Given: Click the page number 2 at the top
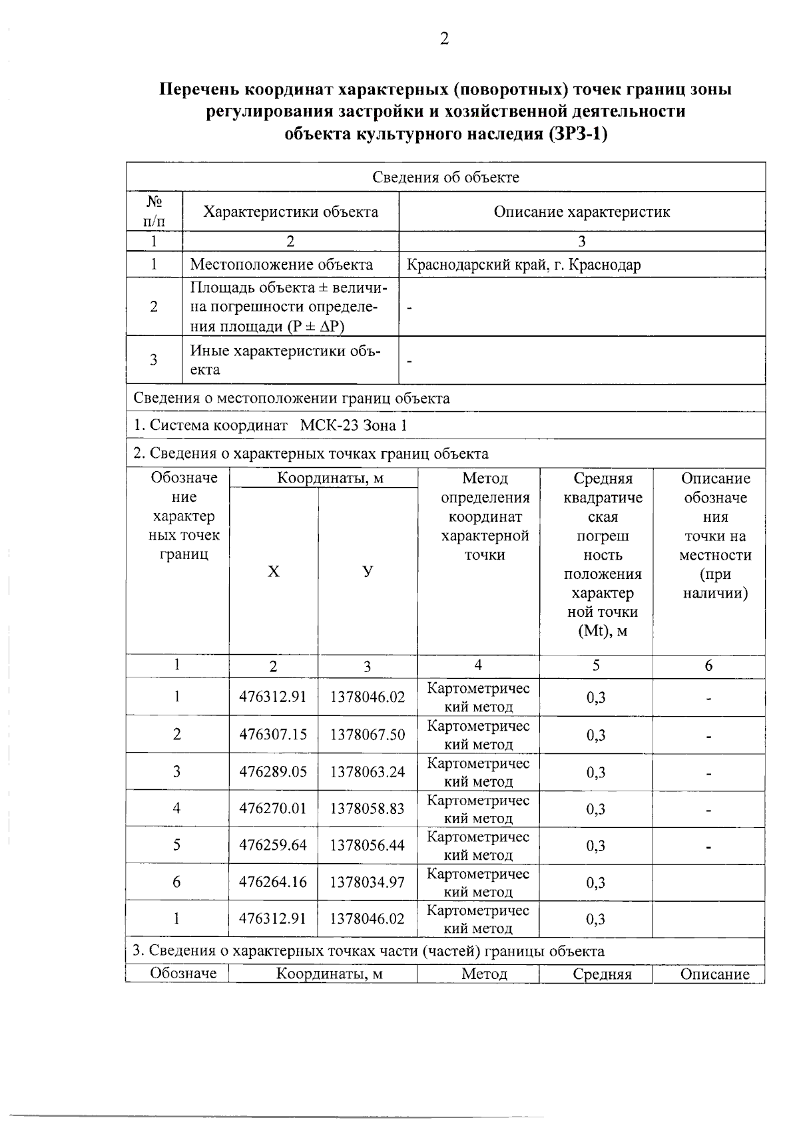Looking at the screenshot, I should [x=444, y=39].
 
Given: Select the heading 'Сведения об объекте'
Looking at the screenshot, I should [x=445, y=177].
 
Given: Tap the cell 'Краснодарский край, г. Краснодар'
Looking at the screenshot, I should [x=523, y=265].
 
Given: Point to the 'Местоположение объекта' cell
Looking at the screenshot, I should [x=281, y=265].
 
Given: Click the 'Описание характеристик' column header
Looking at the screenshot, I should [x=581, y=212].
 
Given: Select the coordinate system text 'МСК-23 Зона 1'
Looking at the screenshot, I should [x=353, y=425].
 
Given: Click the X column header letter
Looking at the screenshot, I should [x=273, y=572].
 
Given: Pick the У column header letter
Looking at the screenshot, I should [x=368, y=572].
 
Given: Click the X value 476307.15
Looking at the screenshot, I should [x=273, y=735].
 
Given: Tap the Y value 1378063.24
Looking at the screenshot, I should [x=368, y=772].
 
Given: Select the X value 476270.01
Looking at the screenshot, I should [x=273, y=809].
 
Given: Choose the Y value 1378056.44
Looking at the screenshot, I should [x=368, y=845].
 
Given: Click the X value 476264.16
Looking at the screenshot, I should [x=273, y=882].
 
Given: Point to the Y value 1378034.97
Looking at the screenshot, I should [x=368, y=882].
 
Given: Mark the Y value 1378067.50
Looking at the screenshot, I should [x=368, y=735].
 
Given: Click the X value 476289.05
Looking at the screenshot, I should [x=273, y=772].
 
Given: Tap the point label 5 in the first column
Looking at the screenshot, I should [x=176, y=844].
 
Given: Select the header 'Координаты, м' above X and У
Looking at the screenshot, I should [x=330, y=478].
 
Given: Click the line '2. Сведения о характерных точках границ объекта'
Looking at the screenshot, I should [x=310, y=454].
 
